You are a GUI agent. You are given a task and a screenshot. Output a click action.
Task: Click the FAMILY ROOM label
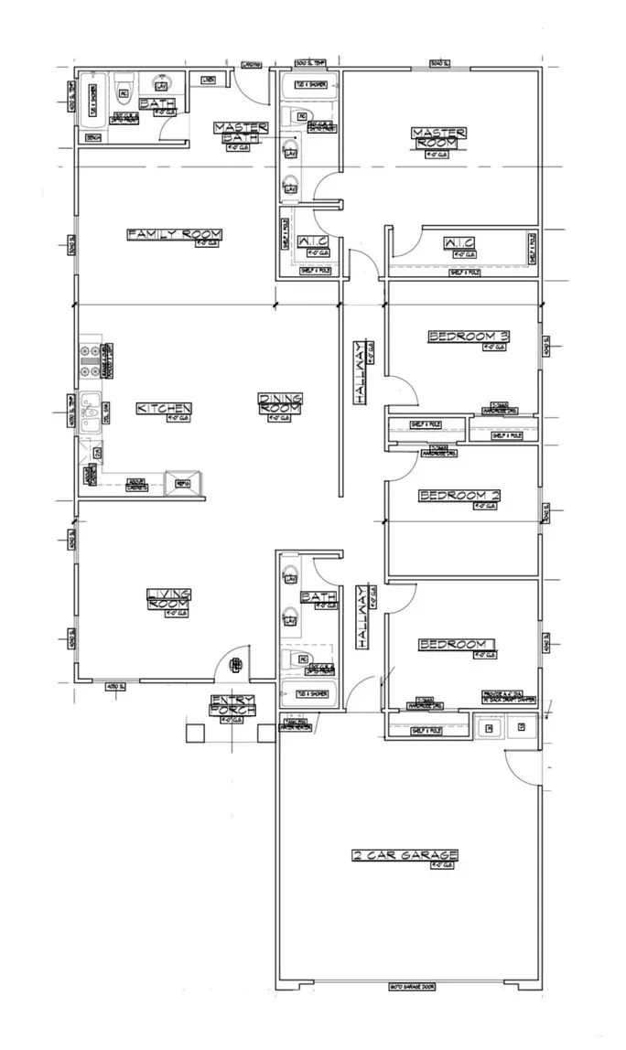tap(174, 235)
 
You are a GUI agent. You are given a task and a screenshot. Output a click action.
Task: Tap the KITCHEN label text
tap(164, 408)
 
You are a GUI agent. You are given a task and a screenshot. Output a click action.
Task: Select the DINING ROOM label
tap(280, 403)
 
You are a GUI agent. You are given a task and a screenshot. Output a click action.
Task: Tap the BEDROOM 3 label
tap(469, 337)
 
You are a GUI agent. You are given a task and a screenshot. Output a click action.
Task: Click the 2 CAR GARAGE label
tap(405, 856)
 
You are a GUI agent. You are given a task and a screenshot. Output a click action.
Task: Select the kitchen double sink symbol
tap(91, 411)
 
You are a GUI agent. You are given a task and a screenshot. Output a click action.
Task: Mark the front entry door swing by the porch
tap(232, 662)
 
